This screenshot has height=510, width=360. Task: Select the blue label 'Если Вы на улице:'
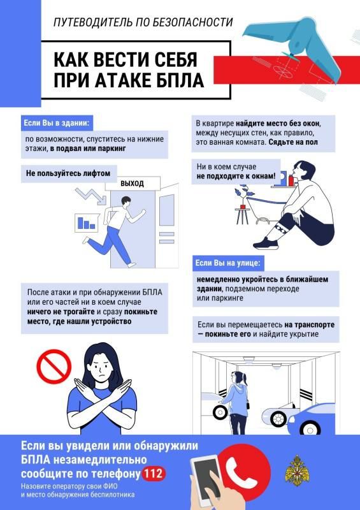228,263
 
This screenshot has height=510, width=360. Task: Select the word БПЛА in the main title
178,81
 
